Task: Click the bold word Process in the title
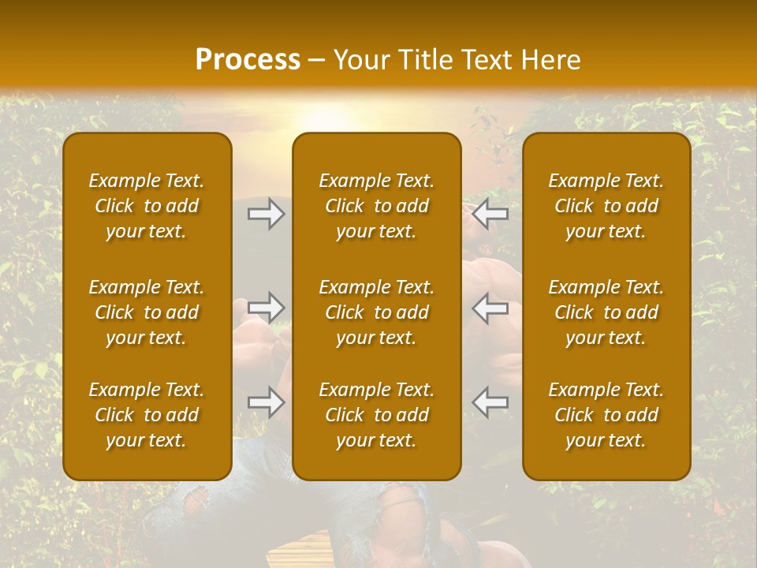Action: click(248, 60)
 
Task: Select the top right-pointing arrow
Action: click(267, 214)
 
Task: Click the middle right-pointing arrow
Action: click(267, 308)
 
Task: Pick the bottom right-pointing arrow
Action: click(267, 402)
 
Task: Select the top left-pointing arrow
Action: click(490, 214)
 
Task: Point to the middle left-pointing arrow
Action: click(490, 308)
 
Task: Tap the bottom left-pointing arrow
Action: click(490, 402)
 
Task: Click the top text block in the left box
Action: click(147, 206)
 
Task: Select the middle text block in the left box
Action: click(147, 312)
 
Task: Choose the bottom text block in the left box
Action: click(147, 415)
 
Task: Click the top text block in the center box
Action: click(377, 206)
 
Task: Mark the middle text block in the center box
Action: click(377, 312)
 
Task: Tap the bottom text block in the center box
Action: click(377, 415)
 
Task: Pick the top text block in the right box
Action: click(606, 206)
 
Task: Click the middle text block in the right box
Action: click(606, 312)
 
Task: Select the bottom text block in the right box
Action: click(606, 415)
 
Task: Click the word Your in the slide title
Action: click(362, 60)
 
